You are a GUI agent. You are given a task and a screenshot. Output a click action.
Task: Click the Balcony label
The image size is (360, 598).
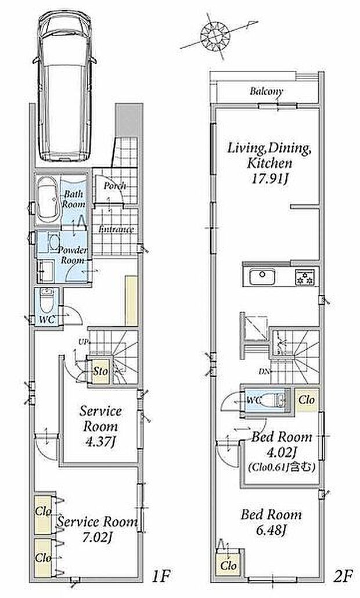tap(267, 92)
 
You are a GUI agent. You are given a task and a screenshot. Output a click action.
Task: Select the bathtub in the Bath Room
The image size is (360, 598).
tap(47, 199)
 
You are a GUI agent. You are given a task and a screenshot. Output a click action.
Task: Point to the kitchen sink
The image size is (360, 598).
tap(262, 277)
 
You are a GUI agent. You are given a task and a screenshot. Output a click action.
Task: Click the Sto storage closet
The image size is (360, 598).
tap(100, 370)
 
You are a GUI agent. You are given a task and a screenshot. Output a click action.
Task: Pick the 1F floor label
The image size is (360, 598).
tap(160, 577)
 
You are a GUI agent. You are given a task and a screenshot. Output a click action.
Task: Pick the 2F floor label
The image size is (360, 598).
tap(341, 577)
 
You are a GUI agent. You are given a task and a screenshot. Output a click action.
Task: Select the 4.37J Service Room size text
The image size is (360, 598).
tap(100, 442)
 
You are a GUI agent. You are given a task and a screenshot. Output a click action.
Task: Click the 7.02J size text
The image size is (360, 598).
tap(97, 538)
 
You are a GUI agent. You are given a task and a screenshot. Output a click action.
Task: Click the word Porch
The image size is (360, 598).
tap(115, 186)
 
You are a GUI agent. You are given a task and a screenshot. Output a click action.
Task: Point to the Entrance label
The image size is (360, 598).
tap(116, 229)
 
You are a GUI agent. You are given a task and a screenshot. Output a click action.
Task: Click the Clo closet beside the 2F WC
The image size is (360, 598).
tap(307, 399)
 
